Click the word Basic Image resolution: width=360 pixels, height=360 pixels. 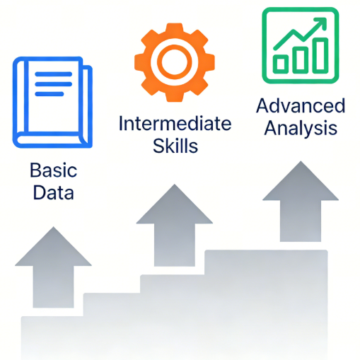coord(54,170)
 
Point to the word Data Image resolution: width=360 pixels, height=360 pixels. coord(54,192)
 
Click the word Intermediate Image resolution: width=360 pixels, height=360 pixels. coord(175,124)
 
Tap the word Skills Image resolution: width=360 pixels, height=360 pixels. coord(175,146)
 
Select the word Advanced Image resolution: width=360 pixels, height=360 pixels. coord(301,106)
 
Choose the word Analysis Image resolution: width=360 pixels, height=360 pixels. coord(301,128)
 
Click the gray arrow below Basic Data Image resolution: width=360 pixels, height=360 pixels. coord(53,267)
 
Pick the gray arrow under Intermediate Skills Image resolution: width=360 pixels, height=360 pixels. coord(175,226)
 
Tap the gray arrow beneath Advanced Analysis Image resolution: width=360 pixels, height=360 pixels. coord(301,202)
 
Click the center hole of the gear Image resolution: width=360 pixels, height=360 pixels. coord(175,62)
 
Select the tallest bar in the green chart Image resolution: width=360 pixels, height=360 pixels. coord(320,55)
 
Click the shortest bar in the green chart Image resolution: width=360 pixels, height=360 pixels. coord(281,64)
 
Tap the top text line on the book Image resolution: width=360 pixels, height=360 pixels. coord(53,74)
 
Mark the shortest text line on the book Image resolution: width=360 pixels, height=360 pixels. coord(50,94)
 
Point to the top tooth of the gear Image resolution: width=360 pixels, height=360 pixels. coord(175,28)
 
